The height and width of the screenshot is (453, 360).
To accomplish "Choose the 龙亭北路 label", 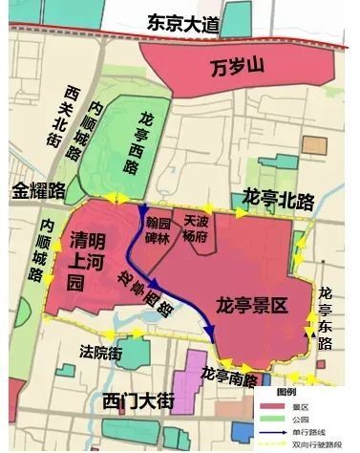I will pos(281,200).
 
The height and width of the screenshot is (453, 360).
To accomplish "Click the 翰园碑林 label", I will pos(158,231).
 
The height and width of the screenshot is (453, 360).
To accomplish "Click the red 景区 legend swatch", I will pos(272,404).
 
